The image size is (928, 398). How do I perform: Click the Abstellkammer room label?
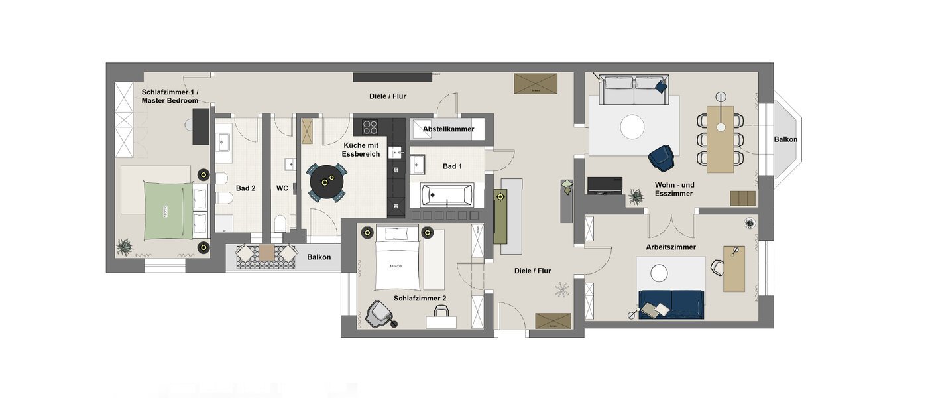(448, 129)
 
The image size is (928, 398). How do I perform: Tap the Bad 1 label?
(452, 166)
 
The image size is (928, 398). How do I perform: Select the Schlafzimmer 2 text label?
(420, 298)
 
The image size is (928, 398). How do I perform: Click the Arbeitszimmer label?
(671, 247)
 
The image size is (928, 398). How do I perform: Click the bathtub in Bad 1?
(447, 195)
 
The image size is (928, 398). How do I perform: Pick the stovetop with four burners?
(370, 127)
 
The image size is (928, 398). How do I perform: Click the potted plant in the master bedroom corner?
(124, 247)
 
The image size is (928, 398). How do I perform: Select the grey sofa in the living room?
(633, 91)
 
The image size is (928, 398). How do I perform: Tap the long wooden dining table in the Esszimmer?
(720, 139)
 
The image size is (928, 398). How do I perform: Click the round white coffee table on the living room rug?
(632, 127)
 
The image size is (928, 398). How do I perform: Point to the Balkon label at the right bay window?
(785, 139)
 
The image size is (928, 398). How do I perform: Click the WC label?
(282, 188)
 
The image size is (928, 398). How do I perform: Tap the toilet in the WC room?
(280, 222)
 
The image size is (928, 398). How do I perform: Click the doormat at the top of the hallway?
(535, 84)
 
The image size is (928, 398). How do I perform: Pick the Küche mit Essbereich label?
(361, 149)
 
